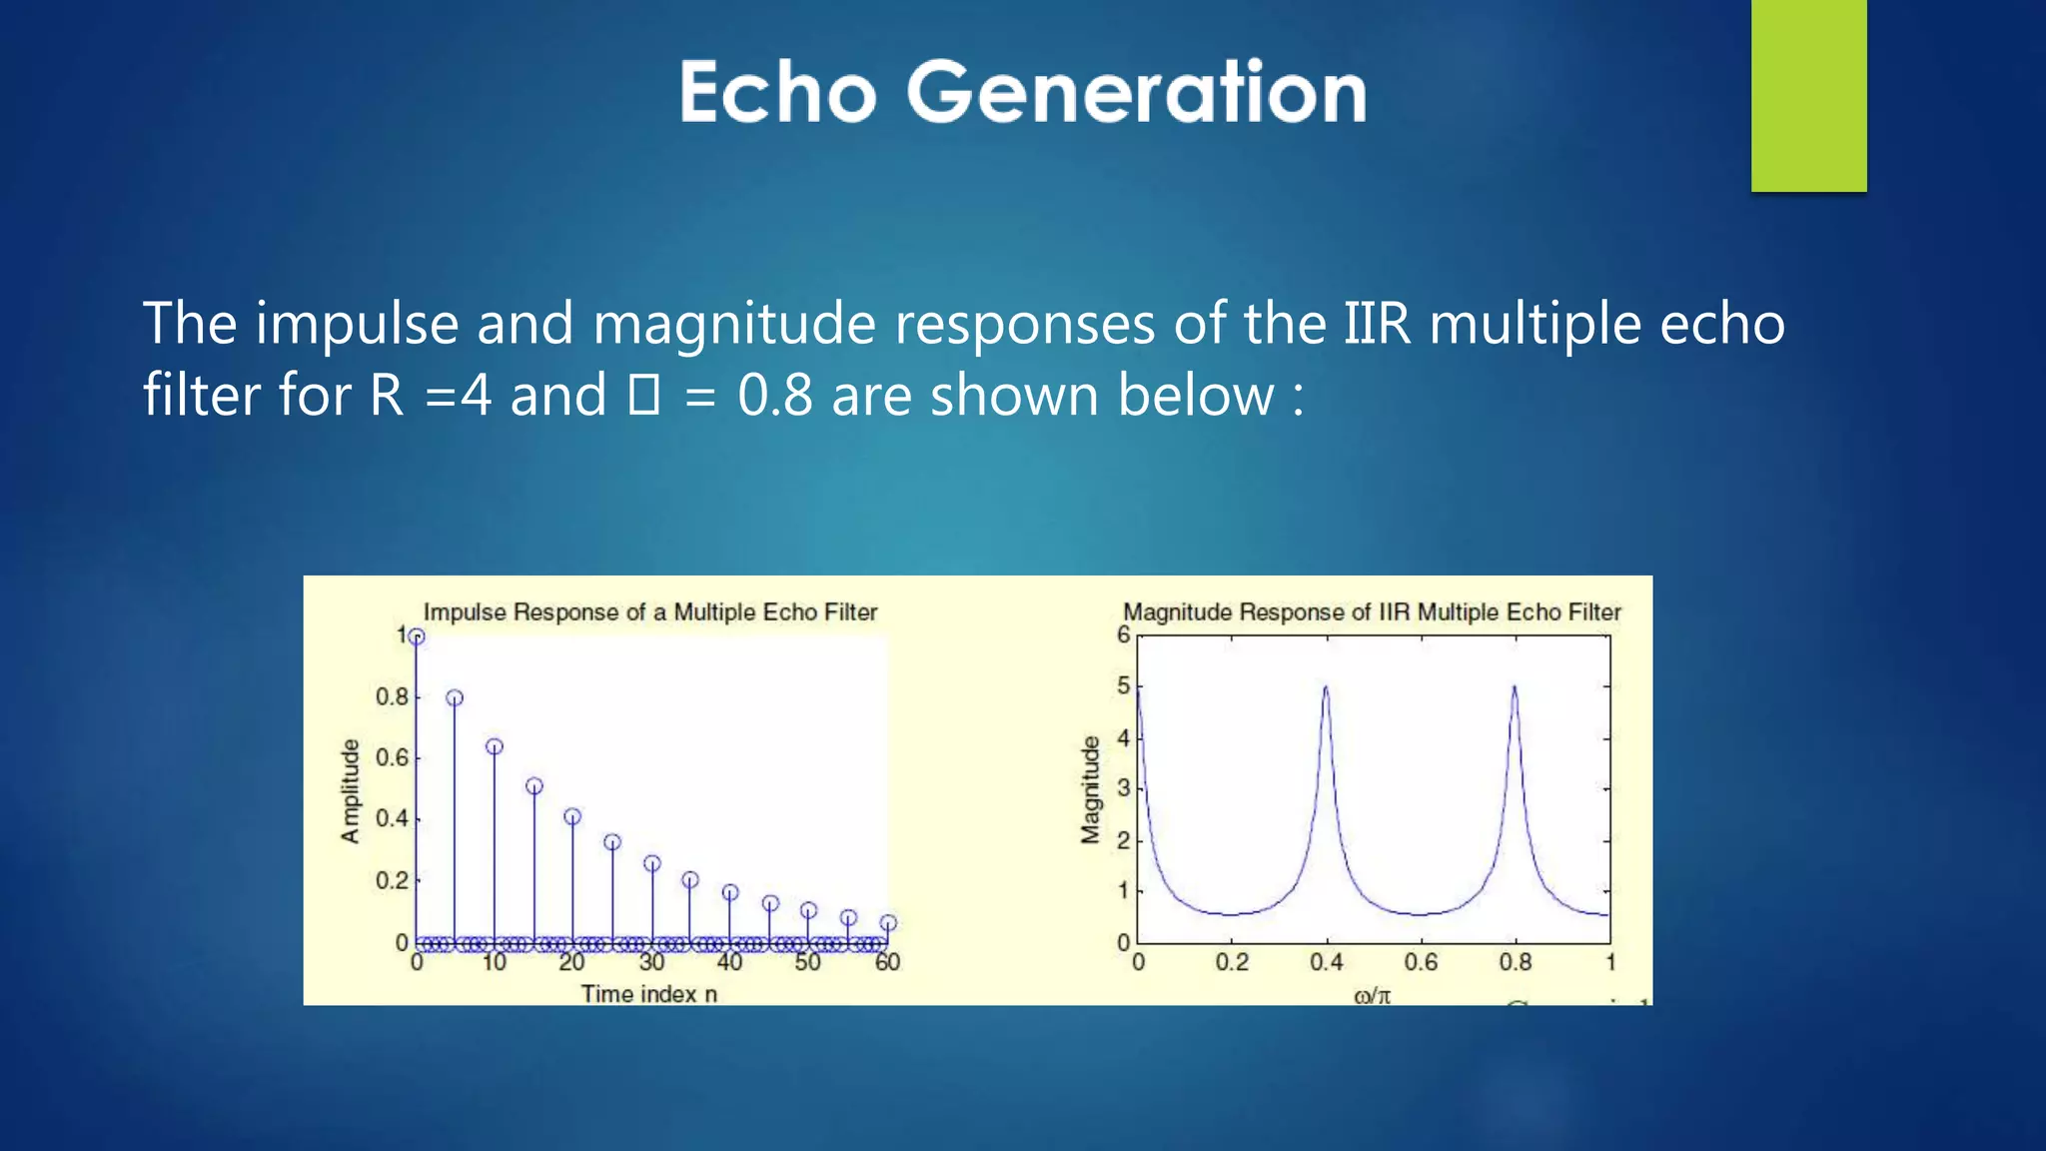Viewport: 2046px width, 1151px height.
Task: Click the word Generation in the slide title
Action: [1136, 92]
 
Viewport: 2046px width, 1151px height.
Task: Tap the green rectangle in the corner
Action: [1808, 95]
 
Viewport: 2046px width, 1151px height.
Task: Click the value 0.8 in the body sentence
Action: [775, 395]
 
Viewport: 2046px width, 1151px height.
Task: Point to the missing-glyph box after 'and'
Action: [643, 395]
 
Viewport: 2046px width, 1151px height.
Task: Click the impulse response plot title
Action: [650, 611]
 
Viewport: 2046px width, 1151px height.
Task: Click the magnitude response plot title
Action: [1372, 611]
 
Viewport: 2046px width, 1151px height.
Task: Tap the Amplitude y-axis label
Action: [350, 791]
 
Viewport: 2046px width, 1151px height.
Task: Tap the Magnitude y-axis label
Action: [1090, 789]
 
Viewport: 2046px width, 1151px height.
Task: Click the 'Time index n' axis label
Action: [649, 993]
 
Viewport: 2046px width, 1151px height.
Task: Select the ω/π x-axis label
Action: [1372, 994]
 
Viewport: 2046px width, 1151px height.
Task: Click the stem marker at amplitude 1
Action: [417, 636]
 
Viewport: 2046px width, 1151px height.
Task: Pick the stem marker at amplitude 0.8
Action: [455, 697]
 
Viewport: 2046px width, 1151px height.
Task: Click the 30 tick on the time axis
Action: [651, 962]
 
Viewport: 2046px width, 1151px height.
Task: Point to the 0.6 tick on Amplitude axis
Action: [392, 757]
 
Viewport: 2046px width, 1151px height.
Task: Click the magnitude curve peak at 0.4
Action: [1326, 687]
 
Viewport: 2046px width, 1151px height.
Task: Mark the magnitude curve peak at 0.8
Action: [1515, 687]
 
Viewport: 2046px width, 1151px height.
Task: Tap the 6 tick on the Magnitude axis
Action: [1124, 634]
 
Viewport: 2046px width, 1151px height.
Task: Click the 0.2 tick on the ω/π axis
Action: [1232, 962]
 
